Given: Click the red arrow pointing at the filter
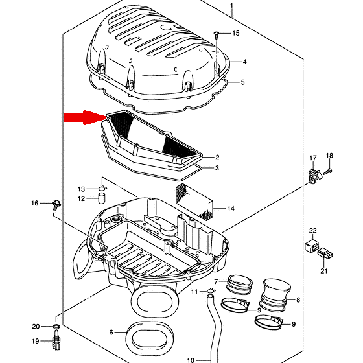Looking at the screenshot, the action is [84, 117].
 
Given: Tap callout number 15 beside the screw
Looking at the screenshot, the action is [236, 33].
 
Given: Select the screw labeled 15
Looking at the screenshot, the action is [217, 35].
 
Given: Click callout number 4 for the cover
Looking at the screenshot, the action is [244, 62].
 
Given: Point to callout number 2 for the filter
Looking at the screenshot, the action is [217, 157].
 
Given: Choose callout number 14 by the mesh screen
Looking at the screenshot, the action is [231, 209].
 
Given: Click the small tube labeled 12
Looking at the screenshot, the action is [102, 198].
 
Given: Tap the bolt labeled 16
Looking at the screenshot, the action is [56, 204].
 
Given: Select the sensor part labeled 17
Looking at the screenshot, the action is [314, 176].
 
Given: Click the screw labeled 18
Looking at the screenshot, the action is [327, 172].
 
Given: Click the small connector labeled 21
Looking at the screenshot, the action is [325, 253].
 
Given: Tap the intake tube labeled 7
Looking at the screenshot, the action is [239, 284].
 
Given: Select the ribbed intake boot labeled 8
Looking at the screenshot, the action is [275, 295].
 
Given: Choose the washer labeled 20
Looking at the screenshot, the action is [56, 327].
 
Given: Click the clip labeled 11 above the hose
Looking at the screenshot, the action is [211, 290].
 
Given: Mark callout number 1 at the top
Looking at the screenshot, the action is [232, 6].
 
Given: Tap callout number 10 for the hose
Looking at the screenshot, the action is [191, 360].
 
